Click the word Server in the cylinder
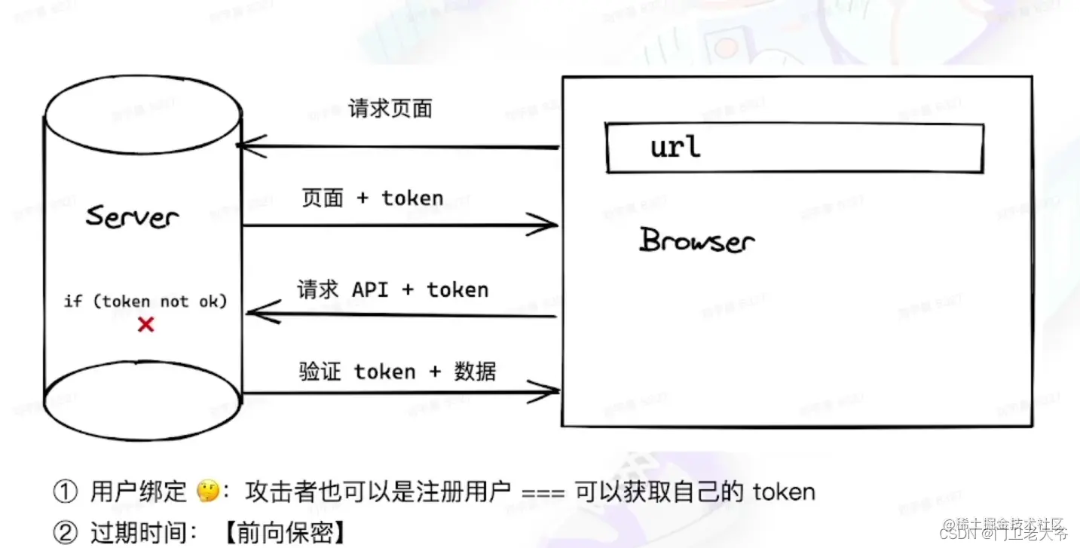click(x=133, y=216)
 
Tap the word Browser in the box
click(x=697, y=240)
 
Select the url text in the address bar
click(x=675, y=146)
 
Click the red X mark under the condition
click(x=145, y=325)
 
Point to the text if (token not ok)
click(x=145, y=302)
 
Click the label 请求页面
click(x=390, y=109)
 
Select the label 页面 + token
click(x=372, y=198)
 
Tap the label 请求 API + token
click(x=393, y=290)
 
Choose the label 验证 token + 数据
click(x=397, y=372)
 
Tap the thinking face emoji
click(x=207, y=492)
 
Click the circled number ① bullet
click(x=66, y=492)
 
